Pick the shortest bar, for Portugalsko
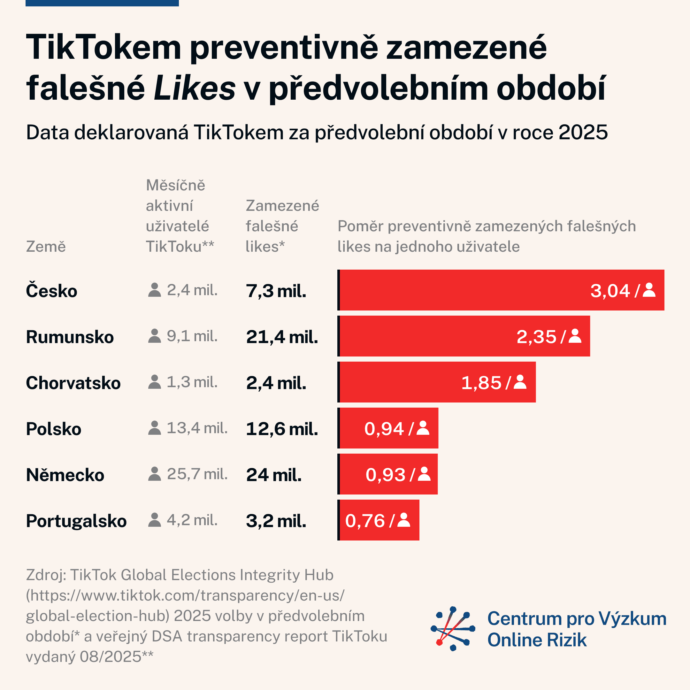coord(379,520)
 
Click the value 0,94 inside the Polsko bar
coord(384,429)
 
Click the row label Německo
coord(65,475)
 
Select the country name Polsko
coord(54,429)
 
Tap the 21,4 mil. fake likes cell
coord(282,337)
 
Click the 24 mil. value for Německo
coord(273,475)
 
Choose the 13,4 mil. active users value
coord(197,428)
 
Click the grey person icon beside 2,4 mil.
coord(154,290)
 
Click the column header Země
coord(46,246)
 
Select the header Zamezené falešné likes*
coord(282,226)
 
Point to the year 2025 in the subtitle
coord(583,133)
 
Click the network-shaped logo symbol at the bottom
coord(453,629)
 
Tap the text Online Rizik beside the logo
coord(537,640)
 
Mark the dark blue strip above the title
coord(102,3)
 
